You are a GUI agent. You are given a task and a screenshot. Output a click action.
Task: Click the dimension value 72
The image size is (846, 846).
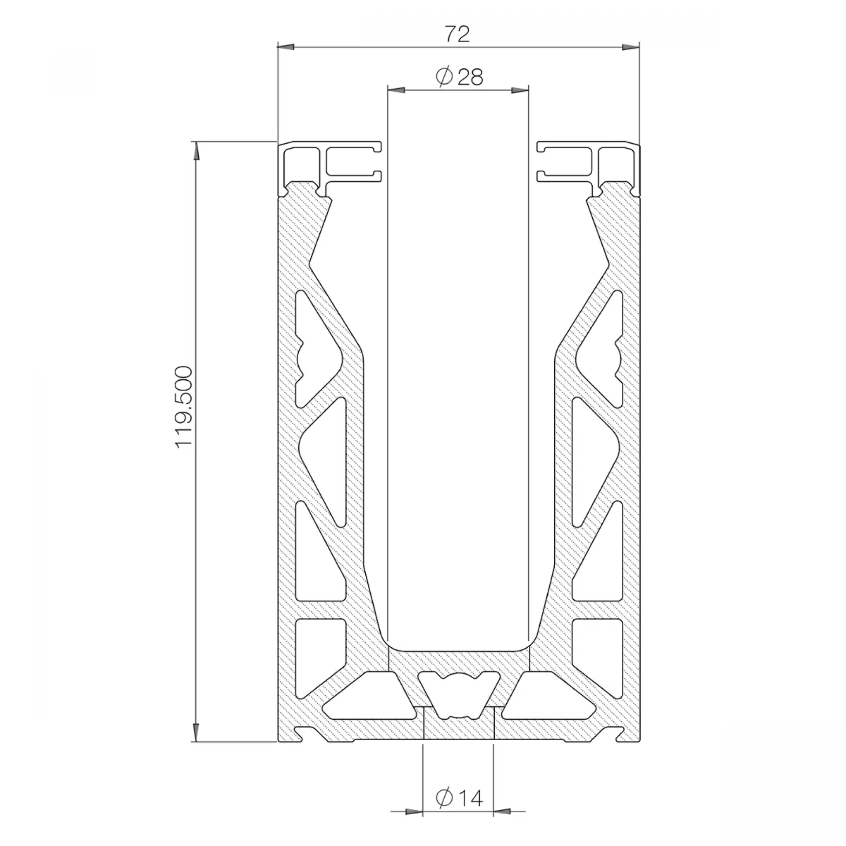coord(457,34)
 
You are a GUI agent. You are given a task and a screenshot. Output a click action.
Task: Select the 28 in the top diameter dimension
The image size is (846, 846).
coord(471,77)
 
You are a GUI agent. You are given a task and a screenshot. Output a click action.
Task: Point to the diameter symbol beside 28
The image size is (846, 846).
coord(444,77)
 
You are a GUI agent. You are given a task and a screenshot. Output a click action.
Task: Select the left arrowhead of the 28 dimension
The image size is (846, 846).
coord(396,90)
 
